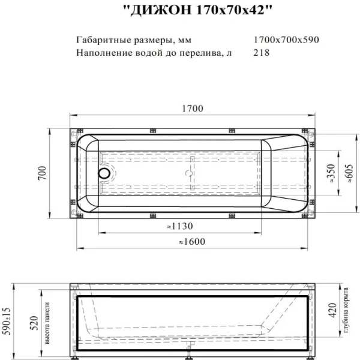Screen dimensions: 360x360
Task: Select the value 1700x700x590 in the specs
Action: coord(286,40)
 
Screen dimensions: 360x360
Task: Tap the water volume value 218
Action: coord(262,52)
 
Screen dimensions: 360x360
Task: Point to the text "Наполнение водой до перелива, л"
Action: coord(154,52)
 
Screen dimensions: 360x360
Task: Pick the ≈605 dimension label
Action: coord(346,174)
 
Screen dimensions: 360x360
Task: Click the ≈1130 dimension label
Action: coord(178,227)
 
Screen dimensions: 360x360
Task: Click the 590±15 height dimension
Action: coord(7,322)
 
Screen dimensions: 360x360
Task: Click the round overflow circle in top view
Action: coord(105,173)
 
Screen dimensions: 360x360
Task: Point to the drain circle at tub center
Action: coord(189,173)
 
